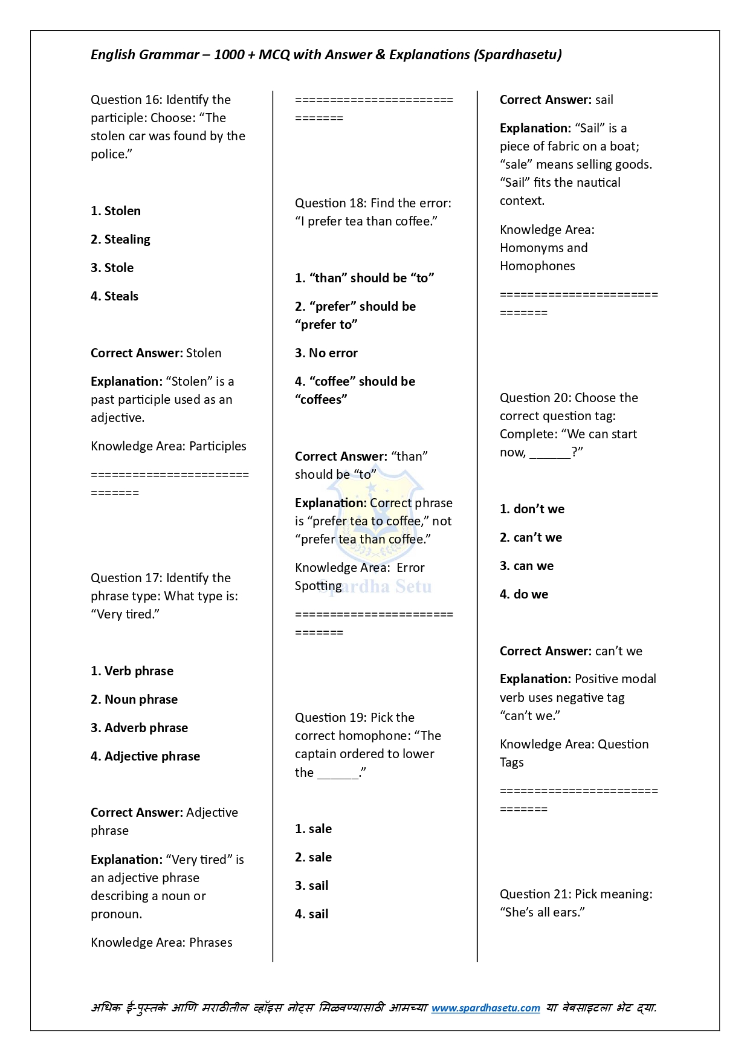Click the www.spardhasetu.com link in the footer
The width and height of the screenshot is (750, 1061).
pyautogui.click(x=485, y=1008)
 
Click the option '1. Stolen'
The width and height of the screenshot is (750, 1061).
pyautogui.click(x=115, y=211)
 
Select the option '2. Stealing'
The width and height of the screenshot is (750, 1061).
pyautogui.click(x=120, y=239)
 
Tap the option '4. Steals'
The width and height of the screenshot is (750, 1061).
pyautogui.click(x=114, y=296)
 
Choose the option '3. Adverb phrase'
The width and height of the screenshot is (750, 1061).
pyautogui.click(x=139, y=728)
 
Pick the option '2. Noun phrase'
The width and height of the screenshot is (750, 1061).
pyautogui.click(x=134, y=699)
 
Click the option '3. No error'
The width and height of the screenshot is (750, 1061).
pyautogui.click(x=326, y=353)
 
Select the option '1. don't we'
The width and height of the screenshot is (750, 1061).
pyautogui.click(x=532, y=509)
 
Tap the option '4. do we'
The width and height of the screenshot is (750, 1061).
pyautogui.click(x=524, y=594)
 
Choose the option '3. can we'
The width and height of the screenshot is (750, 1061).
pyautogui.click(x=526, y=566)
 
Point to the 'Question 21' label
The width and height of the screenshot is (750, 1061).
pyautogui.click(x=535, y=894)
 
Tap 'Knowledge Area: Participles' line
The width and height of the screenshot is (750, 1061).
pyautogui.click(x=169, y=446)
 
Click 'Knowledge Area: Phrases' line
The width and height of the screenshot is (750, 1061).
pyautogui.click(x=161, y=943)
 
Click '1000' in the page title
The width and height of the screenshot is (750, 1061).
pyautogui.click(x=229, y=54)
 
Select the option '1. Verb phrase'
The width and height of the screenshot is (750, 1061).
pyautogui.click(x=132, y=671)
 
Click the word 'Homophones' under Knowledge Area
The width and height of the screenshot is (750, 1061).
pyautogui.click(x=537, y=266)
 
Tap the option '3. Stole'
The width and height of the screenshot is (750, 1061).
pyautogui.click(x=112, y=268)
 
